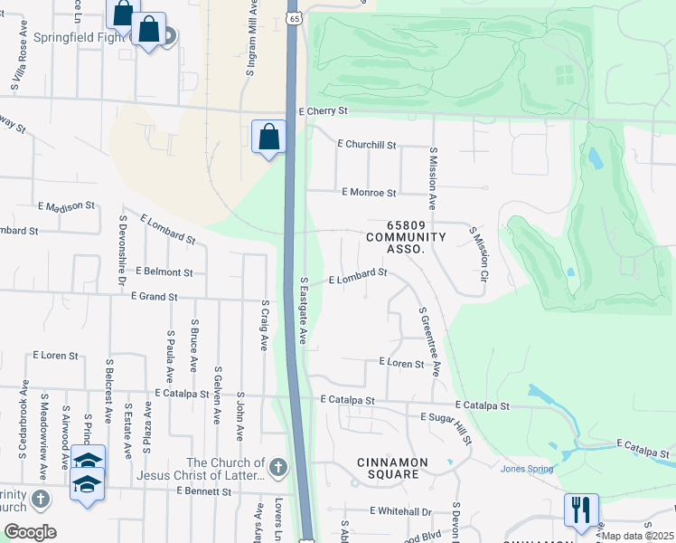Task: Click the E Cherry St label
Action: tap(323, 110)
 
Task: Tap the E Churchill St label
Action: tap(367, 144)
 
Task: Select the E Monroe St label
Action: tap(369, 193)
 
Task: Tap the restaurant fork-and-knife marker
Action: tap(581, 509)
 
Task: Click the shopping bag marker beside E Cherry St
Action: tap(268, 138)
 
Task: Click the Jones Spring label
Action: tap(526, 468)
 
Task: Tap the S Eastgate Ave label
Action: tap(305, 310)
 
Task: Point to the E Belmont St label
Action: tap(164, 271)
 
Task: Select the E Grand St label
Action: tap(166, 296)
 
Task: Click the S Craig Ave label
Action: tap(265, 326)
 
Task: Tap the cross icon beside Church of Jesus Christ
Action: tap(278, 468)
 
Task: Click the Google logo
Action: tap(30, 532)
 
